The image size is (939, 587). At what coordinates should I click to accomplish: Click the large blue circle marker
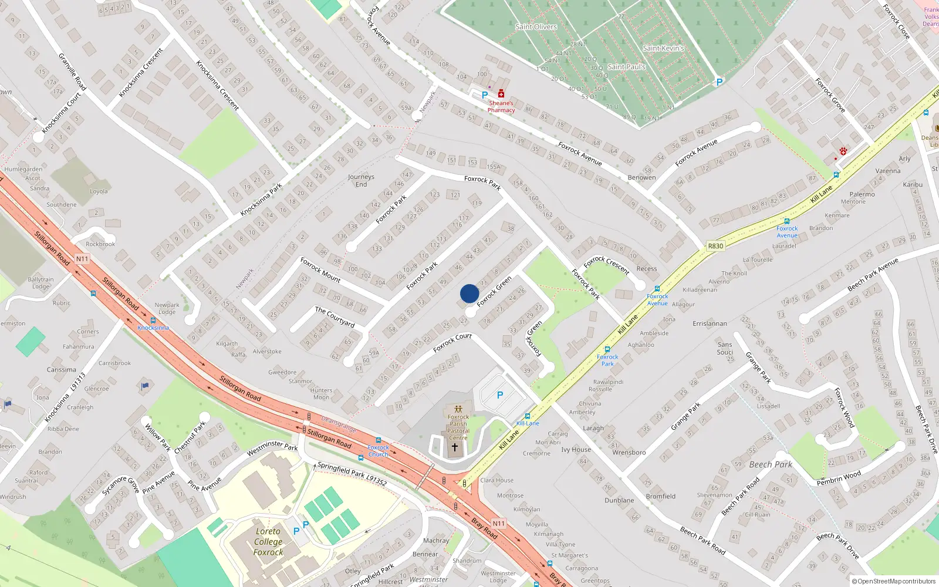pos(469,293)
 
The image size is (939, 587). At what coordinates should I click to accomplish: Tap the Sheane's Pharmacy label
pos(501,106)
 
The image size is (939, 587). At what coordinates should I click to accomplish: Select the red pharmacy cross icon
pos(501,94)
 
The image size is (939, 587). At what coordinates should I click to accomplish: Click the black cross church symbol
pos(454,447)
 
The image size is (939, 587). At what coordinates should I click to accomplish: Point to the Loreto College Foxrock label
pos(268,542)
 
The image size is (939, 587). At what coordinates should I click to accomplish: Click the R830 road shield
pos(715,246)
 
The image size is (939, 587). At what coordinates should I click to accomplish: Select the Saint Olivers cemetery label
pos(536,27)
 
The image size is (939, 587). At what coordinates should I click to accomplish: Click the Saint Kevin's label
pos(663,48)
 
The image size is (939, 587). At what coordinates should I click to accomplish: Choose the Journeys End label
pos(361,180)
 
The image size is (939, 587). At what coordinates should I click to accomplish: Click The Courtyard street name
pos(335,316)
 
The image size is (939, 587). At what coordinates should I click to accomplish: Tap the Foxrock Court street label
pos(452,343)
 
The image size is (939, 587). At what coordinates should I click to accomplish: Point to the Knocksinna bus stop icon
pos(153,321)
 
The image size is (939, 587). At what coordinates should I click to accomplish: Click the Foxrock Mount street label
pos(320,269)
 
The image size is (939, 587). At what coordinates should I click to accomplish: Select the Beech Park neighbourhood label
pos(771,464)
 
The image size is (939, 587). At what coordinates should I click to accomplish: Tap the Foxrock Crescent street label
pos(606,265)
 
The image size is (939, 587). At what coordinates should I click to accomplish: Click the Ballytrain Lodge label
pos(40,283)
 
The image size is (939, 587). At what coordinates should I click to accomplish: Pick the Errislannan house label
pos(710,323)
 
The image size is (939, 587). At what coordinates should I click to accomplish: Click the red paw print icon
pos(843,151)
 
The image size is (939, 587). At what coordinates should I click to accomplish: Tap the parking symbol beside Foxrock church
pos(500,395)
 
